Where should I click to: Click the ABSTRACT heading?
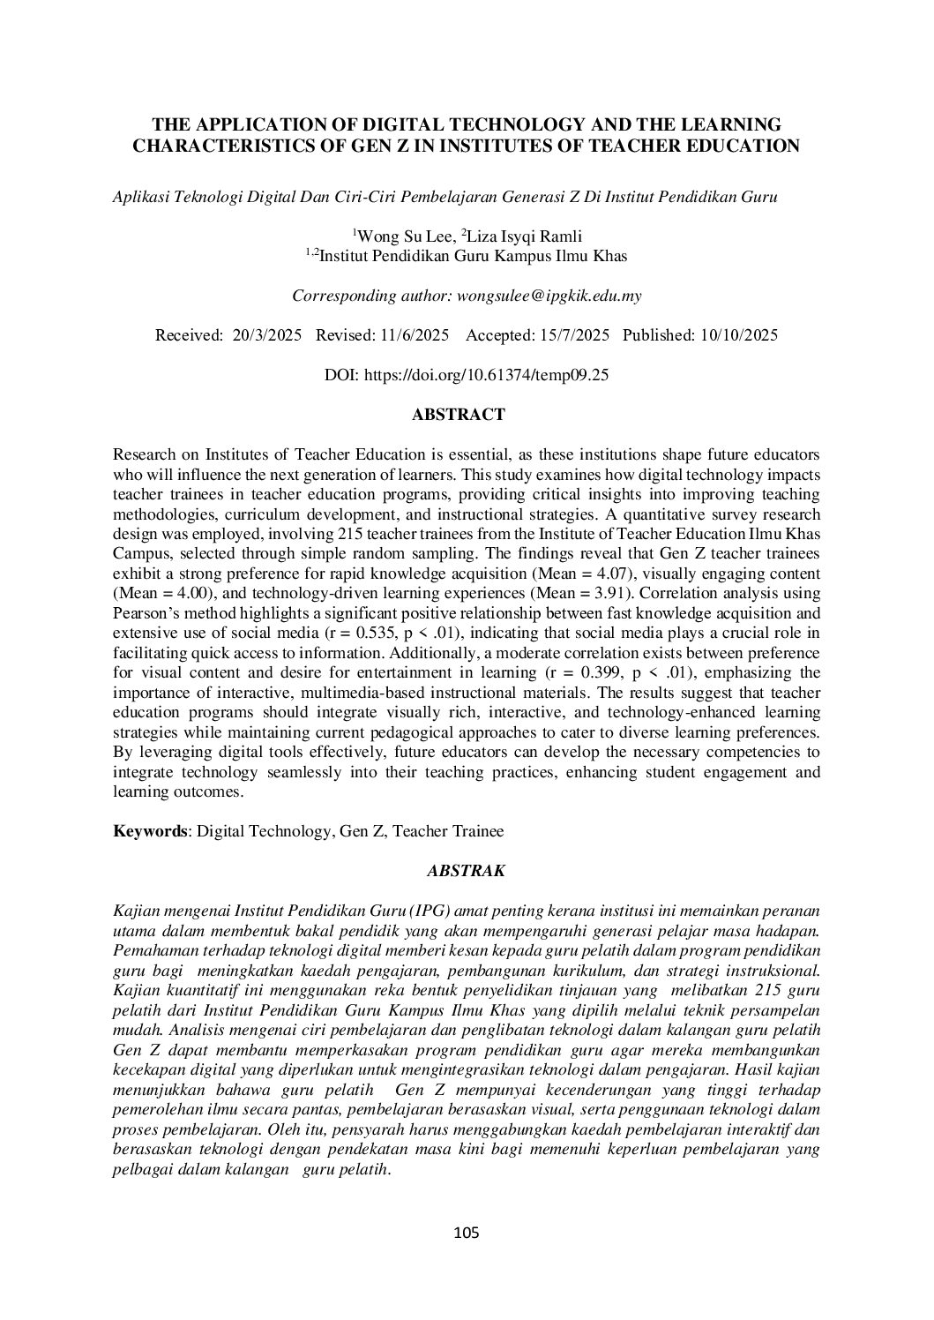pos(459,415)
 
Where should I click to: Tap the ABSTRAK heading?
pos(466,871)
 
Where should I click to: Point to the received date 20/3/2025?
pos(267,335)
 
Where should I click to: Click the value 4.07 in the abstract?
pos(645,553)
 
